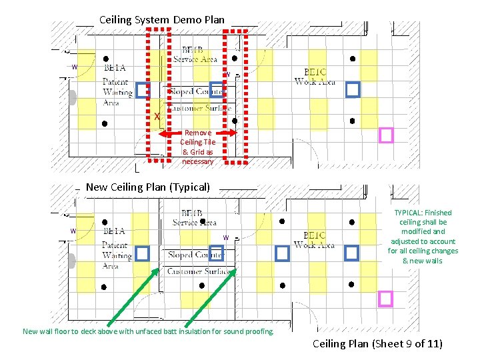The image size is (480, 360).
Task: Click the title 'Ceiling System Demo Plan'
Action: click(x=162, y=19)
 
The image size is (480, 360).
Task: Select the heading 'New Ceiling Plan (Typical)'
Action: click(x=148, y=187)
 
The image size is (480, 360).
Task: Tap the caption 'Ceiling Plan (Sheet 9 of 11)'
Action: click(x=377, y=344)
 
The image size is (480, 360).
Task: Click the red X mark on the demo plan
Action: click(x=157, y=117)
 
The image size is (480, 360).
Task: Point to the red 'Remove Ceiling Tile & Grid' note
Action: click(x=198, y=147)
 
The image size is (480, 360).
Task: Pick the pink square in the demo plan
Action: click(x=386, y=135)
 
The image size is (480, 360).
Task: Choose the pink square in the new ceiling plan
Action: click(x=385, y=299)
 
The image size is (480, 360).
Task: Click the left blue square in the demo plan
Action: click(x=142, y=91)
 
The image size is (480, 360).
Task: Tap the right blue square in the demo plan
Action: click(x=352, y=89)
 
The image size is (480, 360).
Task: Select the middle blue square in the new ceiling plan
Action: click(x=282, y=253)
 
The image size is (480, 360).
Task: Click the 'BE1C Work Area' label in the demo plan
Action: click(x=315, y=77)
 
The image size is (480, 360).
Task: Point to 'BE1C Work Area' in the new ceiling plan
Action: click(x=314, y=240)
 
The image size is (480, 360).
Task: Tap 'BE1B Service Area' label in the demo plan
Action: click(x=195, y=54)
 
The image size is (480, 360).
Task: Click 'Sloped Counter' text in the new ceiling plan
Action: click(x=196, y=255)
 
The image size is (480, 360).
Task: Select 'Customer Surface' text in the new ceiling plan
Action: click(x=199, y=271)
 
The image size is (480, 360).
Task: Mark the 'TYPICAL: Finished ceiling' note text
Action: click(x=423, y=237)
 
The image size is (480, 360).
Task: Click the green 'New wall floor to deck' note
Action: click(x=148, y=331)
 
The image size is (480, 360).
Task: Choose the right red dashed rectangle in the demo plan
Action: click(x=235, y=96)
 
